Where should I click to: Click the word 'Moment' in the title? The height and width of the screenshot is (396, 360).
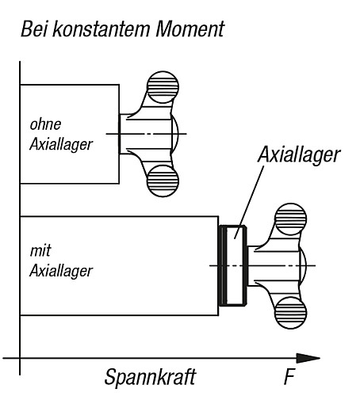coord(190,29)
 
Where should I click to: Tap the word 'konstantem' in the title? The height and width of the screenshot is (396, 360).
coord(101,29)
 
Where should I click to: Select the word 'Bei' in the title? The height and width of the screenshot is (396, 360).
coord(34,29)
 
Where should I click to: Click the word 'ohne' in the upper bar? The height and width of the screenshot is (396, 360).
coord(45,124)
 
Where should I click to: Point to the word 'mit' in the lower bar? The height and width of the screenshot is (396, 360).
coord(40,251)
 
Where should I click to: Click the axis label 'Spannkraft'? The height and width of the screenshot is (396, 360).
coord(150,378)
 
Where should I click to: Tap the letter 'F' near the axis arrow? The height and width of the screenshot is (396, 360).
coord(289,377)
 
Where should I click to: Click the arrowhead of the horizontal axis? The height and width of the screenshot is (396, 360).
coord(308,358)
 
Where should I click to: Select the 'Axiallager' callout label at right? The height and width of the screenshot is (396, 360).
coord(299,155)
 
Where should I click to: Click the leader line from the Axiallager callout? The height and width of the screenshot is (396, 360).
coord(249,202)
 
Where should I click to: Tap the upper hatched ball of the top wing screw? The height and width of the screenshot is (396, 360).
coord(163,87)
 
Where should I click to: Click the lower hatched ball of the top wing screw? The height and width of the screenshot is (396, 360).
coord(163,181)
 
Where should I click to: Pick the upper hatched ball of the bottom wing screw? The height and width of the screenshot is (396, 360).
coord(291,219)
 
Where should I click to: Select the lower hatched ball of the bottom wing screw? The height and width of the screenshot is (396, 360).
coord(291,313)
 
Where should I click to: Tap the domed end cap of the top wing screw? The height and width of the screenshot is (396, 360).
coord(175,134)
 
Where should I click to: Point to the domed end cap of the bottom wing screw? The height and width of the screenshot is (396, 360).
coord(303,265)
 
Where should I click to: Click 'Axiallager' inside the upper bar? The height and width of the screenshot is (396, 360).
coord(61,145)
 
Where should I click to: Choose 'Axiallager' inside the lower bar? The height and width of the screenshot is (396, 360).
coord(61,271)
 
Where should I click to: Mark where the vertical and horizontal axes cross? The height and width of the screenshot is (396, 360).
coord(20,358)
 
